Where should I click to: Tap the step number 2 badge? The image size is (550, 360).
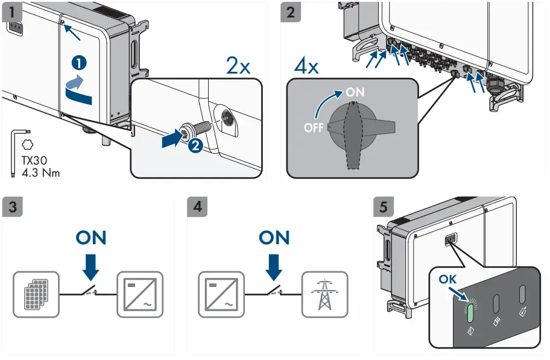tap(291, 11)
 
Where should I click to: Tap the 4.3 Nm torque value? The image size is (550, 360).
tap(40, 172)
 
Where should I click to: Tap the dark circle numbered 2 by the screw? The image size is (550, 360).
tap(194, 144)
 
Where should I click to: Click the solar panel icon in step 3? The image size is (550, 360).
tap(36, 294)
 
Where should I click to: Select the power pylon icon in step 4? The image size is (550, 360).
tap(324, 294)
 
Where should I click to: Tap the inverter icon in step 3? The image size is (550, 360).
tap(141, 294)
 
